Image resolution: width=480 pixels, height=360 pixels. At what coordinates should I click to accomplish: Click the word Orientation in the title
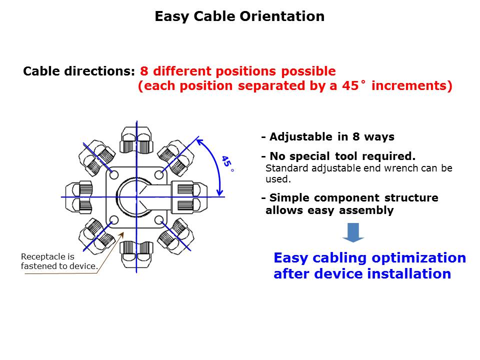pos(282,16)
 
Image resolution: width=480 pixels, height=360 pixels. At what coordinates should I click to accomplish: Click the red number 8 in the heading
pos(144,71)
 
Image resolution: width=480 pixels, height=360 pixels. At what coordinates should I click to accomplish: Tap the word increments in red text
pos(409,85)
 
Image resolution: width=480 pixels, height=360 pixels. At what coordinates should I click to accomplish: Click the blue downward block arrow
pos(353,232)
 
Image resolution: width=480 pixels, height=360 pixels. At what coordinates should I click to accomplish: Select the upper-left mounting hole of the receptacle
pos(114,175)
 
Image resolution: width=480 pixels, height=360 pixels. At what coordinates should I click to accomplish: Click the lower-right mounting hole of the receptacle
pos(159,220)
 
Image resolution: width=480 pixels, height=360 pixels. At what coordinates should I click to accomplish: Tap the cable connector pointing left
pos(79,197)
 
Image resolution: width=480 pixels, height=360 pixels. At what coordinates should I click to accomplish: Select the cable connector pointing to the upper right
pos(176,157)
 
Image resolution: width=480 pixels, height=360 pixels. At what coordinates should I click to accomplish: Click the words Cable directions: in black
pos(79,71)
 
